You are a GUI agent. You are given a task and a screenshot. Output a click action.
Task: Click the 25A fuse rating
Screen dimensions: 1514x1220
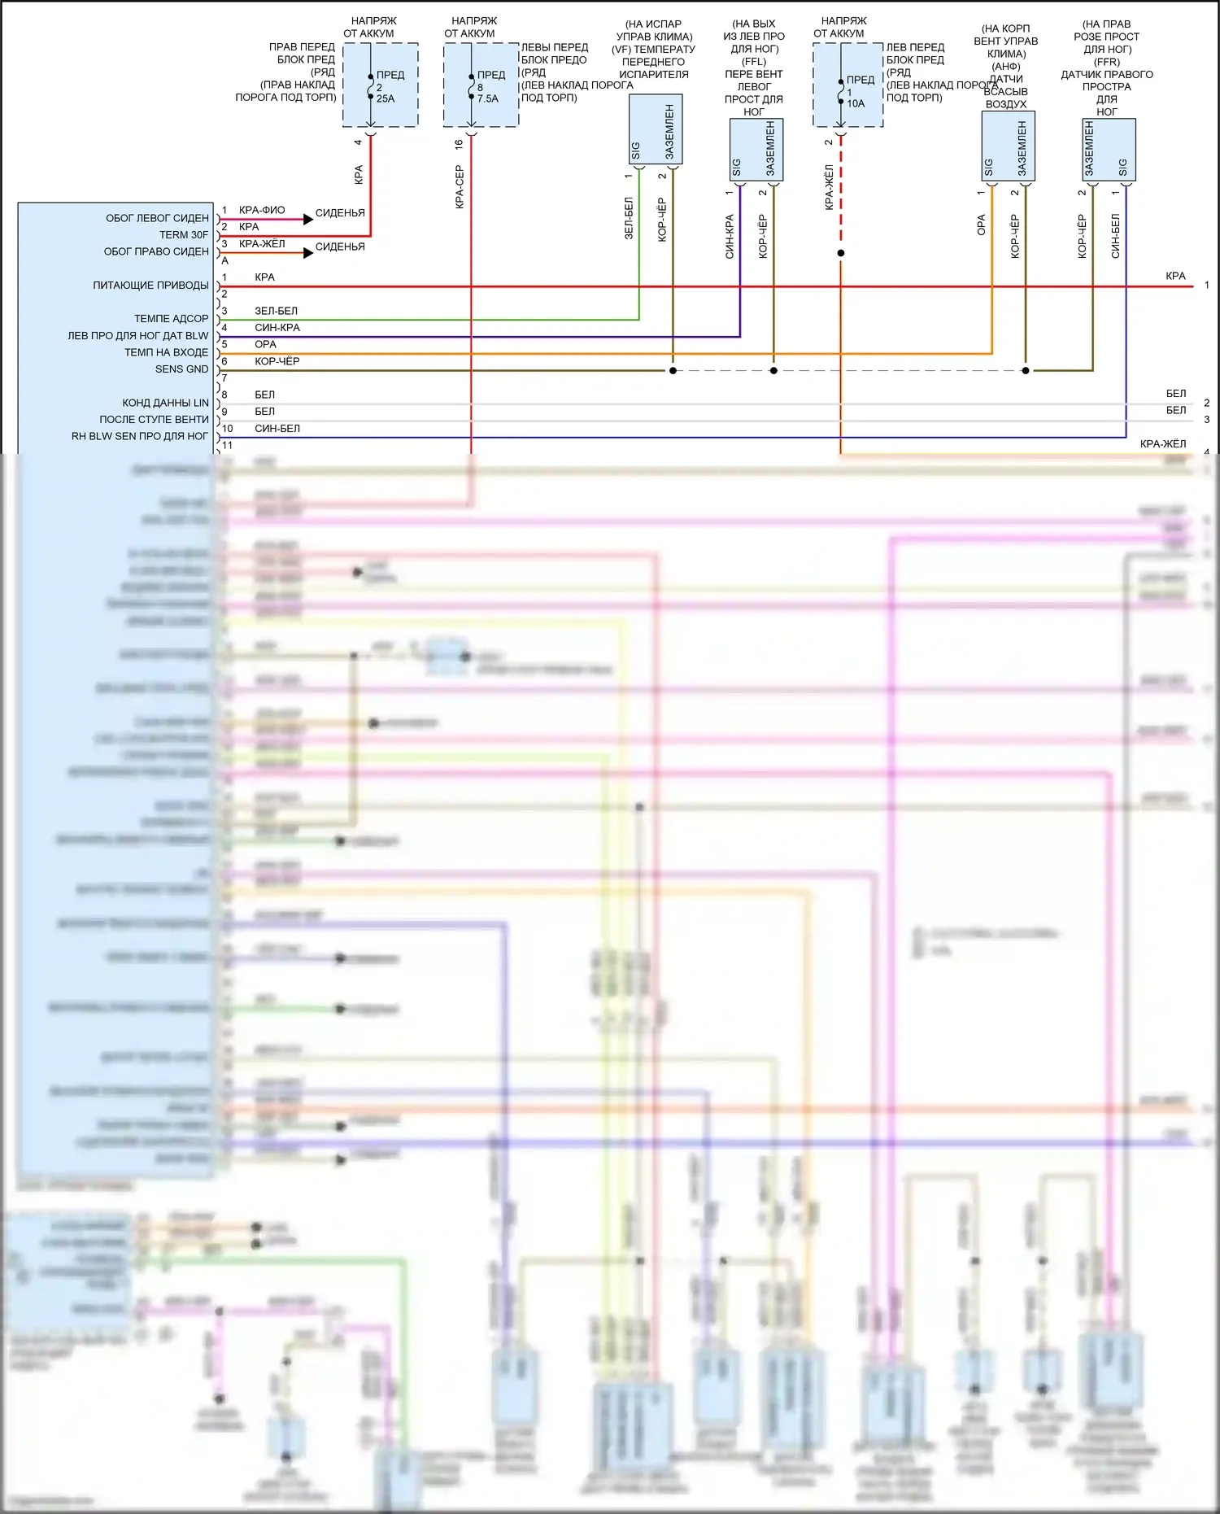[385, 98]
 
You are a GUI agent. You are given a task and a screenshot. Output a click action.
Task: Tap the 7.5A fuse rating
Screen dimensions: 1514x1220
[487, 98]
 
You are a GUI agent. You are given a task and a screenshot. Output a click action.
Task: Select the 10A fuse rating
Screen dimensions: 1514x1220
[856, 103]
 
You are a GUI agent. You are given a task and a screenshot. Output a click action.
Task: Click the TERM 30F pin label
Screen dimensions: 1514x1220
[184, 235]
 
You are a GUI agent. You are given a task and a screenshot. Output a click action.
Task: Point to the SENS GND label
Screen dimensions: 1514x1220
[181, 369]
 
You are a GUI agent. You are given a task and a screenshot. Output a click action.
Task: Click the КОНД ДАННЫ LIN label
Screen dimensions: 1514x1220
[165, 403]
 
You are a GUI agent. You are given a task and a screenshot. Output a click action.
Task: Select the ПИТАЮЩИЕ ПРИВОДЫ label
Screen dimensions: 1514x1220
[150, 286]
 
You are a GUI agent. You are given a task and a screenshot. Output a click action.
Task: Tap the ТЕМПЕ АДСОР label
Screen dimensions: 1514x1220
[171, 319]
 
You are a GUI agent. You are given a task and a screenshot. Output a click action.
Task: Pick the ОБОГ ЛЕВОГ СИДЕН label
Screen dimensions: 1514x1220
[157, 218]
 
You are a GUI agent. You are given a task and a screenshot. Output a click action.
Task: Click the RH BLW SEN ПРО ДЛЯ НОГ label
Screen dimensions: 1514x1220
[140, 436]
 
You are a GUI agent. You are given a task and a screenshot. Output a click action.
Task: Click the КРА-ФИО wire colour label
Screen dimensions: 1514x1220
[262, 210]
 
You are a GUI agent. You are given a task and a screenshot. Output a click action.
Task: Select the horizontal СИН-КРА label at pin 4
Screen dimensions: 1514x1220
[277, 328]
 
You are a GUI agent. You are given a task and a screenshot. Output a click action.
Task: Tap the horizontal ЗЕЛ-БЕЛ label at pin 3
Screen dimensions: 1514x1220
[276, 311]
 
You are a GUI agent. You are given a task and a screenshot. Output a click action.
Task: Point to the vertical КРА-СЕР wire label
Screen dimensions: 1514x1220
[460, 187]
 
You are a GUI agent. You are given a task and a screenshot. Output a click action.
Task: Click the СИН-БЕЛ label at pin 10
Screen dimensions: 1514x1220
[277, 429]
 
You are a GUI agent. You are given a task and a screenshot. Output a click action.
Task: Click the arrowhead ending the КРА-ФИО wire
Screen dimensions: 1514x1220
[308, 219]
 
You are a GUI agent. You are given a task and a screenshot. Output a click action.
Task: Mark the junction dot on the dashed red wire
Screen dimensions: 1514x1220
[841, 253]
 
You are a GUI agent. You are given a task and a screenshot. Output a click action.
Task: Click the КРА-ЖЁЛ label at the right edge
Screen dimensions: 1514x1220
[1162, 444]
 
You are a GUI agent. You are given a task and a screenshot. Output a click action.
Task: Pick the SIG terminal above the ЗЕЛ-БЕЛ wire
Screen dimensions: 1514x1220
[636, 151]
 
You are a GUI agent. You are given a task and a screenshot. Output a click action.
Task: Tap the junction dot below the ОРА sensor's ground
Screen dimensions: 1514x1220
[1026, 371]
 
